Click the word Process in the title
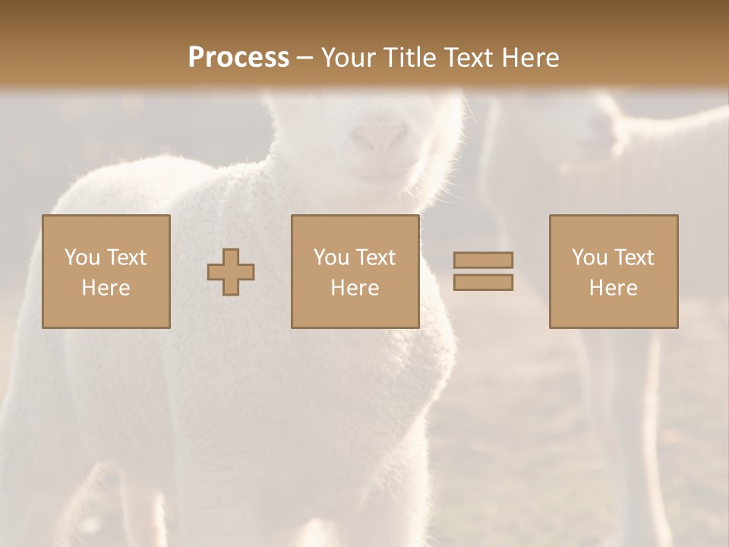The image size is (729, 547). tap(238, 58)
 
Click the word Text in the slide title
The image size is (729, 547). tap(465, 58)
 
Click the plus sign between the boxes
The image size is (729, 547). tap(231, 272)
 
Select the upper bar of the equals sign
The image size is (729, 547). tap(483, 260)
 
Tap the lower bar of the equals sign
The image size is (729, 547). tap(483, 283)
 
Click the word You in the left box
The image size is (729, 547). tap(82, 258)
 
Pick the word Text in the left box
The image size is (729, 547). tap(126, 258)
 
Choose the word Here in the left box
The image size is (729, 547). tap(106, 288)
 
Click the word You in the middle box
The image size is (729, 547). tap(331, 258)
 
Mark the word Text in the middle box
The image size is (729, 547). tap(375, 258)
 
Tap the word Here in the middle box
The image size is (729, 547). tap(355, 288)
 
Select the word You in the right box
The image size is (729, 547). tap(589, 258)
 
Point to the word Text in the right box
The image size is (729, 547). tap(633, 258)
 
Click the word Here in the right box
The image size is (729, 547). tap(613, 288)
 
